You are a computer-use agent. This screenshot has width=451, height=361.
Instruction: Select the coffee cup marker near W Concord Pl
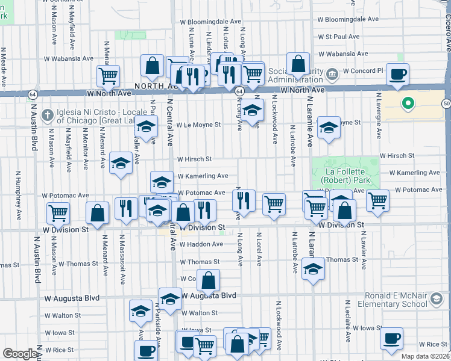coord(397,75)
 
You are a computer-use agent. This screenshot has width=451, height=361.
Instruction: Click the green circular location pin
coord(408,103)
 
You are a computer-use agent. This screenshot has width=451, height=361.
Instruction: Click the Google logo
coord(20,354)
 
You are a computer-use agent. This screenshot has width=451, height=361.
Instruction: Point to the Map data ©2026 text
coord(426,356)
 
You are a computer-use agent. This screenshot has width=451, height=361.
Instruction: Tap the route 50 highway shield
coord(446,103)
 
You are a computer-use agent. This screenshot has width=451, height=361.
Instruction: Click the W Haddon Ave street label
coord(201,244)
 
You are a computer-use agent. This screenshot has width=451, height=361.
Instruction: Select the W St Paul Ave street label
coord(338,37)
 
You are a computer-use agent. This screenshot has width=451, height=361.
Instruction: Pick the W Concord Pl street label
coord(363,70)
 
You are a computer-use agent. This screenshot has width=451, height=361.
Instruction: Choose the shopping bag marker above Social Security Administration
coord(298,64)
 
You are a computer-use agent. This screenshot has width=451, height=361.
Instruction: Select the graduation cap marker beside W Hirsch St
coord(121,163)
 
